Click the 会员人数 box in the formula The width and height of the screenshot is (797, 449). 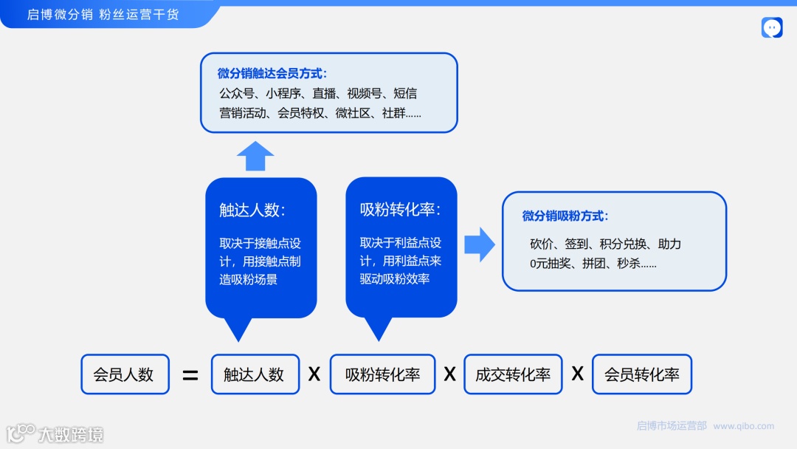[x=124, y=374]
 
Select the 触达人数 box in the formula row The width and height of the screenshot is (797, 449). [x=255, y=374]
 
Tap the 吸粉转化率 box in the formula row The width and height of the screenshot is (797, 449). [x=382, y=374]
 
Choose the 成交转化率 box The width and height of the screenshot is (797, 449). [x=513, y=374]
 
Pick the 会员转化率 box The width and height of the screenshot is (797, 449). [x=641, y=374]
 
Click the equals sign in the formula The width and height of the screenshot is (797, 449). [x=190, y=375]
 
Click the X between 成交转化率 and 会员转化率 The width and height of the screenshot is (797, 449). [x=577, y=374]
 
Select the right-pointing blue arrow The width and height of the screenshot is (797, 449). [x=479, y=244]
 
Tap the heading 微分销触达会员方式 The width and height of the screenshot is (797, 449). [x=272, y=74]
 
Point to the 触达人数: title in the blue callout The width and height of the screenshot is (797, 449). [x=252, y=210]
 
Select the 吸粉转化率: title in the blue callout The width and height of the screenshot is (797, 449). [x=400, y=210]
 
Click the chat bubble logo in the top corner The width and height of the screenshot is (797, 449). [x=772, y=28]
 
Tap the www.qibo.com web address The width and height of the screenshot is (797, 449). [x=744, y=426]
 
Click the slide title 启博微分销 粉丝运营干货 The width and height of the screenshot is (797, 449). [x=103, y=14]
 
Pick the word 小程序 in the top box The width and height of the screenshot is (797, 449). [x=283, y=94]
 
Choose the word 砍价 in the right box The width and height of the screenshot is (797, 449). [x=541, y=244]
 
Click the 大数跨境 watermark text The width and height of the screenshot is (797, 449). [x=71, y=434]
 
